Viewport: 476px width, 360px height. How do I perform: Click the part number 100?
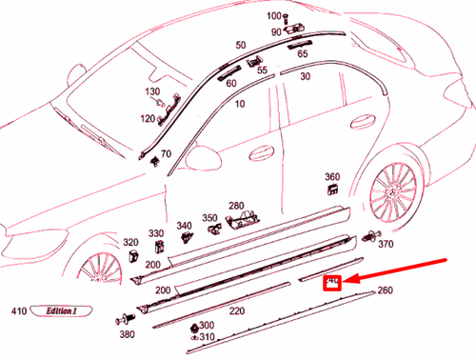(271, 17)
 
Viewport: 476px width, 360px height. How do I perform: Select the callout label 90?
(276, 31)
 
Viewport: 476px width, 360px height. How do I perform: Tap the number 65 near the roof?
(302, 54)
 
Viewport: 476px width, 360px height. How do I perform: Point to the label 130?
(152, 91)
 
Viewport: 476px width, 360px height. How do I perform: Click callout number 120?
(149, 119)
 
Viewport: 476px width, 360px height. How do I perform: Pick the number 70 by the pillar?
(166, 153)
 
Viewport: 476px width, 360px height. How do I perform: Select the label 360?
(332, 177)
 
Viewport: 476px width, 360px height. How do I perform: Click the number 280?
(236, 205)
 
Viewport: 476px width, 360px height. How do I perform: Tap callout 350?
(209, 218)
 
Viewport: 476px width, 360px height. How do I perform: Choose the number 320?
(130, 243)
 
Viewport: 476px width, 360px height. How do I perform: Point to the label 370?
(386, 245)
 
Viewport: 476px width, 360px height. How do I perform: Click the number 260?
(385, 290)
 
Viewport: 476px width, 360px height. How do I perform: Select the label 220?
(235, 310)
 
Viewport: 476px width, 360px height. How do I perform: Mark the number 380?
(127, 334)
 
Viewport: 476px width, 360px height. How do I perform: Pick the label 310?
(207, 336)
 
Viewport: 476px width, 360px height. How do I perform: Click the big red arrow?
(400, 268)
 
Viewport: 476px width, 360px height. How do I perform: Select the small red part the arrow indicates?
(333, 281)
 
